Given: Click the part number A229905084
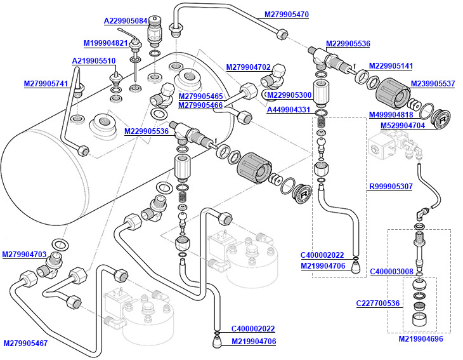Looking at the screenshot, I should coord(126,21).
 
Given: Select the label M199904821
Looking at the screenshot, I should coord(106,43).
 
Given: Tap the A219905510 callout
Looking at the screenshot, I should coord(93,61).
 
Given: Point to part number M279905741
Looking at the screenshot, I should coord(46,84).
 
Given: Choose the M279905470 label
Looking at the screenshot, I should coord(287,14).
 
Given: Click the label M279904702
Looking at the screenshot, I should coord(249,67).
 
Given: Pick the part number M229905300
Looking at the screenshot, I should coord(289,95).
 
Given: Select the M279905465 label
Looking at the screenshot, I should coord(200,96).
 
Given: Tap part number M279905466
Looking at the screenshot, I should coord(200,105).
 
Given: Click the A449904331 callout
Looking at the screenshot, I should coord(289,110).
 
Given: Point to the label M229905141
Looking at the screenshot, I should coord(391,66).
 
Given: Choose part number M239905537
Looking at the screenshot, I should coord(433,83).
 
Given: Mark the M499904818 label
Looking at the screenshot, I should coord(391,115).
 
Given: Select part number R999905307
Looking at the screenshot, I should coord(391,187).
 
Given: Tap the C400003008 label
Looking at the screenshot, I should coord(391,271).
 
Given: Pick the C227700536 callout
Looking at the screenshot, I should coord(378,303).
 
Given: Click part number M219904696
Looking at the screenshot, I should coord(421,339).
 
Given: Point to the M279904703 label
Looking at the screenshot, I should coord(25,254).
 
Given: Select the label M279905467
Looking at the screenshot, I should coord(25,343).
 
